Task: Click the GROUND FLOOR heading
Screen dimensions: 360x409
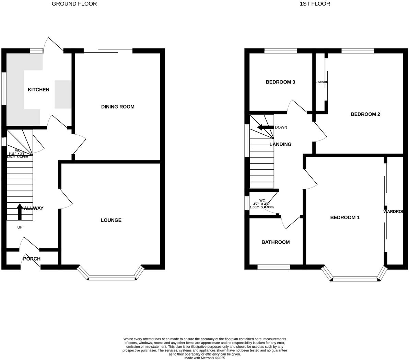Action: point(74,4)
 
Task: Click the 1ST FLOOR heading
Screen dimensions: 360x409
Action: point(315,4)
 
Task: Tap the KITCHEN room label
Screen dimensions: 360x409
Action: point(38,90)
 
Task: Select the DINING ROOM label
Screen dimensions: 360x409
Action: point(118,107)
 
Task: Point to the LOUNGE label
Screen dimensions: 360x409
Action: point(111,220)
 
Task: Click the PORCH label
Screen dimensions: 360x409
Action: point(32,259)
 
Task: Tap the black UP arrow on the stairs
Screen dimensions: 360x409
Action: point(20,211)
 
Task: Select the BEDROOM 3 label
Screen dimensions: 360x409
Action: point(280,82)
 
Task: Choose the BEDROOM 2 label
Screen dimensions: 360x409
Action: point(365,114)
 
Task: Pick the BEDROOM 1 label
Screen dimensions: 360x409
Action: point(345,217)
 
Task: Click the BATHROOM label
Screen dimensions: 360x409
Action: point(276,242)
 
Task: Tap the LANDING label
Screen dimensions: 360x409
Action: point(280,144)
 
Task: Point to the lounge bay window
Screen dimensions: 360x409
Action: point(112,278)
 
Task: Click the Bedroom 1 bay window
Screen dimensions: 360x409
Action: point(355,279)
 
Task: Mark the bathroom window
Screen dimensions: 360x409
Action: point(274,267)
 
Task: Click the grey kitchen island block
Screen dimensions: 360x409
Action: point(63,94)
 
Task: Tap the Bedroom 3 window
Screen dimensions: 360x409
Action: point(281,51)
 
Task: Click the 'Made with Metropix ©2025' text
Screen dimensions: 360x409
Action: point(204,358)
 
